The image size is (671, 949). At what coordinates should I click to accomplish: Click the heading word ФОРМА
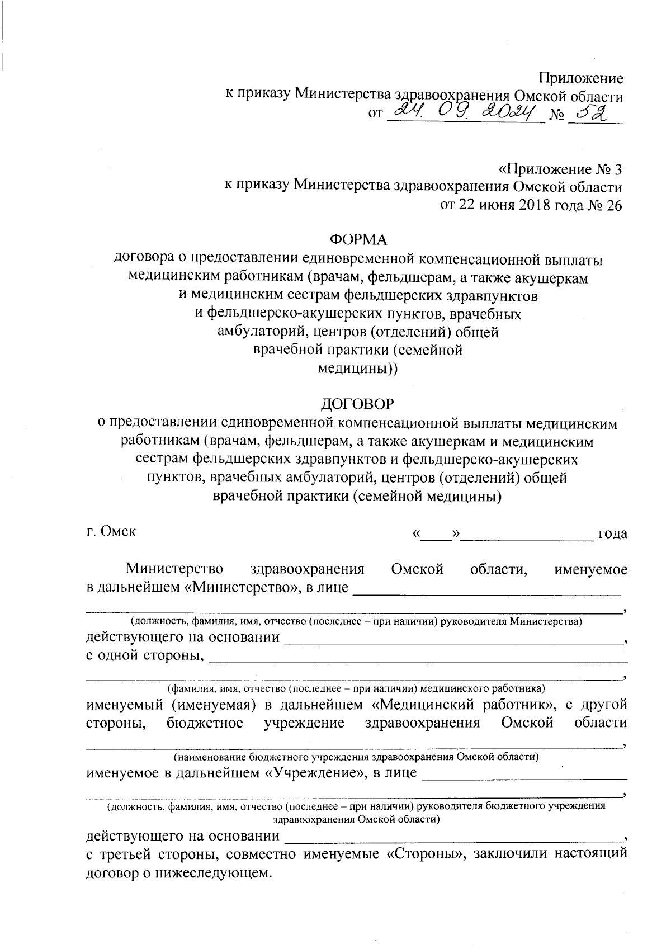coord(358,239)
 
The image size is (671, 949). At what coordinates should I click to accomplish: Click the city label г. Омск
coord(111,531)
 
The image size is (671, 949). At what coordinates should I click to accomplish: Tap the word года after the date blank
coord(612,533)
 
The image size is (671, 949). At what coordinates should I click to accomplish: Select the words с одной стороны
coord(144,655)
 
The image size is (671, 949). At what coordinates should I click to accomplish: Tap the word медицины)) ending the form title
coord(358,369)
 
